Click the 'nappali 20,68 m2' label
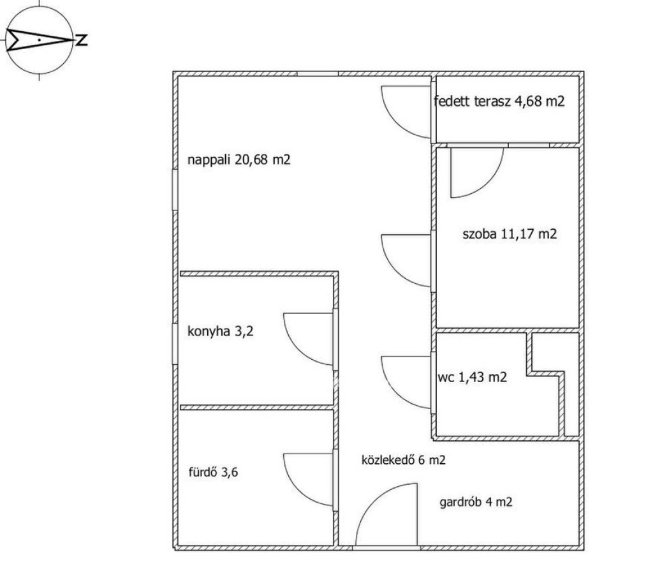pyautogui.click(x=238, y=159)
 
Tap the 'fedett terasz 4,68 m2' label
pyautogui.click(x=499, y=101)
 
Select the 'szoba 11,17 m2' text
pyautogui.click(x=510, y=234)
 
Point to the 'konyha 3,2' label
pyautogui.click(x=220, y=331)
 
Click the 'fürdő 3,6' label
pyautogui.click(x=213, y=472)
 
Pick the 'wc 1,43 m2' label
pyautogui.click(x=473, y=378)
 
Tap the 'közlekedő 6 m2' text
pyautogui.click(x=404, y=460)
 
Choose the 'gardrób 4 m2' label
pyautogui.click(x=476, y=502)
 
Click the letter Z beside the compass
pyautogui.click(x=82, y=40)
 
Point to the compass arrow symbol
pyautogui.click(x=40, y=40)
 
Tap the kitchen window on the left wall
pyautogui.click(x=175, y=344)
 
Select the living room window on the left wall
pyautogui.click(x=175, y=189)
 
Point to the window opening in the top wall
pyautogui.click(x=318, y=74)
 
